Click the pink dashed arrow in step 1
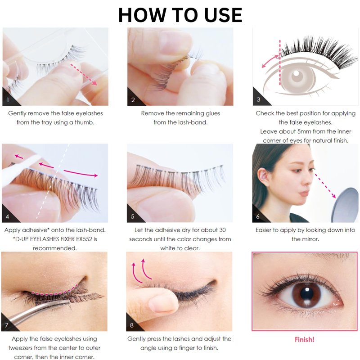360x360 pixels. (84, 75)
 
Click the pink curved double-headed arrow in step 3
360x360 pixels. (270, 61)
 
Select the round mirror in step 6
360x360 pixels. (345, 205)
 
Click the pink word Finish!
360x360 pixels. (305, 340)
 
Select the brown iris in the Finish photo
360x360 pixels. (306, 295)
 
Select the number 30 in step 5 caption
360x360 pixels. (222, 230)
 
